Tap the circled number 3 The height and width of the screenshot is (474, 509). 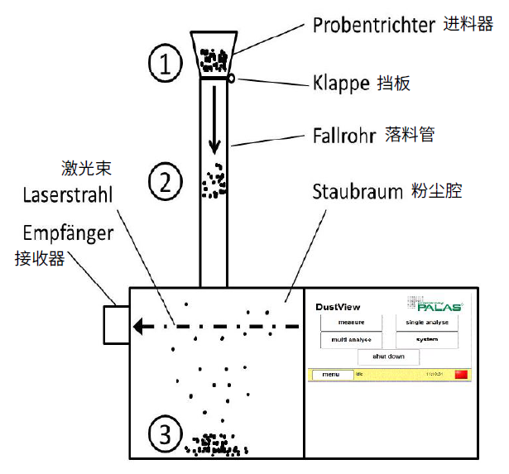[166, 433]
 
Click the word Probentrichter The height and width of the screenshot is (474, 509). [374, 25]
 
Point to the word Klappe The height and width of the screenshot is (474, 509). [342, 84]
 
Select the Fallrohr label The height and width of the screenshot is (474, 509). [343, 133]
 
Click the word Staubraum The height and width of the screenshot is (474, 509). [357, 192]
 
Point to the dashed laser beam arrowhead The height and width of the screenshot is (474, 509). [142, 326]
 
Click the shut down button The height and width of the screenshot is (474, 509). [388, 357]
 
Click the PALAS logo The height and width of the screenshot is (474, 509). [434, 304]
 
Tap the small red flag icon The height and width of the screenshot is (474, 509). [461, 375]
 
